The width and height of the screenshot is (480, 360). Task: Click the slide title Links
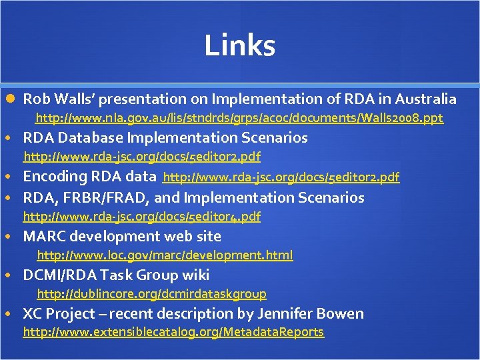coord(239,45)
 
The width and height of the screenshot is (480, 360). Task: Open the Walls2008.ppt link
coord(239,119)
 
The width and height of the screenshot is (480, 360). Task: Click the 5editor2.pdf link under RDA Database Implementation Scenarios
coord(142,157)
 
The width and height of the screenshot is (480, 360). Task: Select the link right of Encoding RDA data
coord(281,177)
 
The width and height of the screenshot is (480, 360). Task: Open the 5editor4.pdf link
coord(142,217)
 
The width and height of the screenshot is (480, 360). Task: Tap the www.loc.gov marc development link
coord(165,255)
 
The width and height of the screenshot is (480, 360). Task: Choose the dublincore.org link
coord(151,294)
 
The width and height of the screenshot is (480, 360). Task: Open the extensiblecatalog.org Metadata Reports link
coord(173,332)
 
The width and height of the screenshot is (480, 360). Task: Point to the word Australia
coord(426,99)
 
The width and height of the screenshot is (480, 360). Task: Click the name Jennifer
coord(297,314)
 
